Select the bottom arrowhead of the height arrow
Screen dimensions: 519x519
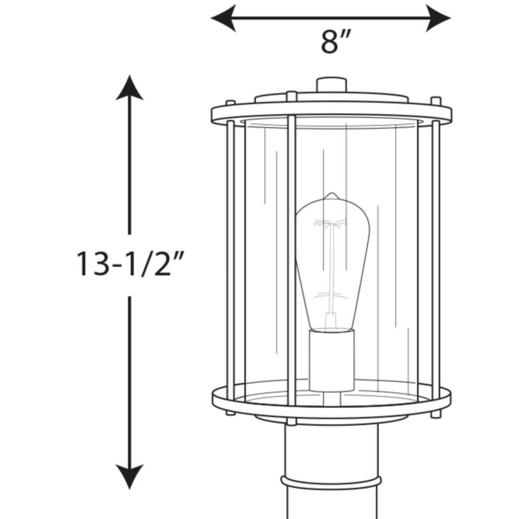coord(129,476)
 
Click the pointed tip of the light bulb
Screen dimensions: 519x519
coord(331,196)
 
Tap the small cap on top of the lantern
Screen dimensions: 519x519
coord(331,85)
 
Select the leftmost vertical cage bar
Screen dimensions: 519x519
coord(230,259)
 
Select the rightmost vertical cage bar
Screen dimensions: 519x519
coord(435,259)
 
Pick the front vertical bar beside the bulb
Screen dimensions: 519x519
coord(291,259)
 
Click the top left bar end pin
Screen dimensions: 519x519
coord(230,102)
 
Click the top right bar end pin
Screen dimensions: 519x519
coord(436,100)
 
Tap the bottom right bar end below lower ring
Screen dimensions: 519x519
coord(435,413)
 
